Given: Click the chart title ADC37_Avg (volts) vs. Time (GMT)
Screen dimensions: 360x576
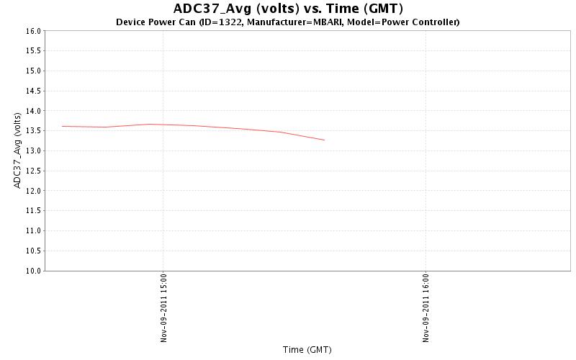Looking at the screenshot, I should pos(288,9).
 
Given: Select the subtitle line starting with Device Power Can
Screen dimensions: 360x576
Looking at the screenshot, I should pos(288,22).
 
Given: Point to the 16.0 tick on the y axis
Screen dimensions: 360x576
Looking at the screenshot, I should pos(33,31).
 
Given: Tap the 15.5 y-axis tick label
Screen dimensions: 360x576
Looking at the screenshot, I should pos(33,51).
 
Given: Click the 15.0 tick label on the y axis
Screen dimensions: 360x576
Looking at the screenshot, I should pos(33,71).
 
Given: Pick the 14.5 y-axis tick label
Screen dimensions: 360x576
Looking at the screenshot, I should pos(33,91).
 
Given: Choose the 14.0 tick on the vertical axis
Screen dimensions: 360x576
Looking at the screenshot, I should pos(33,111).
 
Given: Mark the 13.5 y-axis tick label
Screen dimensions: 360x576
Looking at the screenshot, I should pos(33,131).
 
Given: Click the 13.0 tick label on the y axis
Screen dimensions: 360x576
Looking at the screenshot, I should pos(33,151).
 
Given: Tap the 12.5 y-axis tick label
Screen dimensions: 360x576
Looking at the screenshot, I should pos(33,171).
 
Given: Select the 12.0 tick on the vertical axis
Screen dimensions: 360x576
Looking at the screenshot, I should pos(33,191).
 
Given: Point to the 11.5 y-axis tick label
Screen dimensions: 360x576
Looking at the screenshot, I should pos(33,211).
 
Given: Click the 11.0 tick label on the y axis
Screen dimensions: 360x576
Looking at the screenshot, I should pos(33,231).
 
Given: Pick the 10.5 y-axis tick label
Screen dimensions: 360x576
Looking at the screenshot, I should pos(33,251).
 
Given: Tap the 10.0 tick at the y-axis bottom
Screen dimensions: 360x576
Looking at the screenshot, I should pos(33,271).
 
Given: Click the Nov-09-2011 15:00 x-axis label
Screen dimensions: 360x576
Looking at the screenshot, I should pos(163,307).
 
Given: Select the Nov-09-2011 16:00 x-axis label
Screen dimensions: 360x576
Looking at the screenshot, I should pos(426,307).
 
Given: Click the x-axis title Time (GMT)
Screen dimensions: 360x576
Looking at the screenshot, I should pos(307,350).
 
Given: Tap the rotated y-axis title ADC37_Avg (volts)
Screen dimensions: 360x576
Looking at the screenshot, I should pos(17,151).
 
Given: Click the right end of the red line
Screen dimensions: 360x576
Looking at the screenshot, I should pos(324,140).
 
